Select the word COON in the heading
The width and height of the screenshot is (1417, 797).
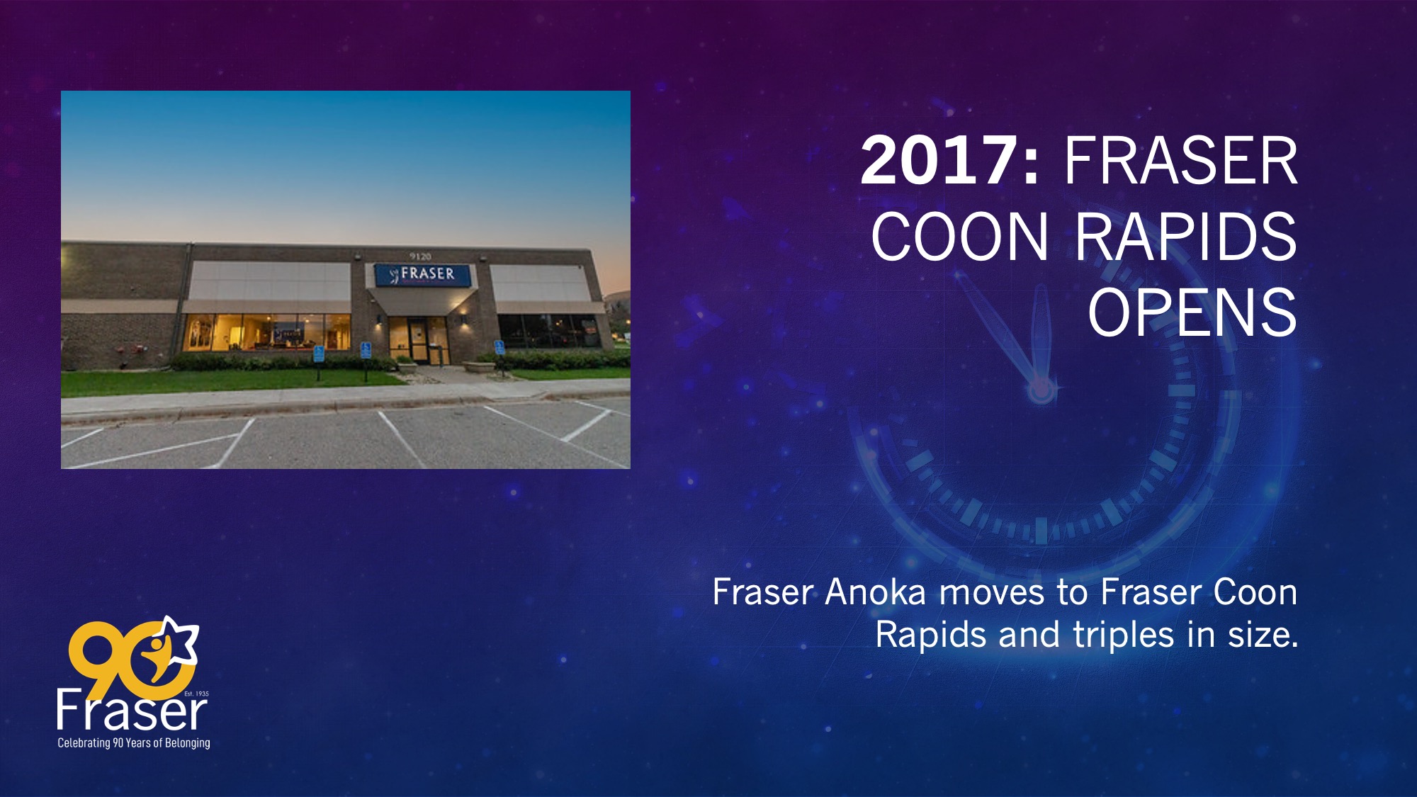click(959, 237)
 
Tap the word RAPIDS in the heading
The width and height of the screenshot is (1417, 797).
click(1185, 237)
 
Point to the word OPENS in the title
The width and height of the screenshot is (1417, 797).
click(1192, 312)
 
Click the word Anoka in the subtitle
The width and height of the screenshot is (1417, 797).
click(876, 592)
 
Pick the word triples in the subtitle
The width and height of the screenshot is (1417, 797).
click(1123, 635)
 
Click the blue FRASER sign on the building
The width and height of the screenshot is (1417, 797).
click(423, 274)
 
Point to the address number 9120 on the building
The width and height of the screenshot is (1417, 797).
click(420, 256)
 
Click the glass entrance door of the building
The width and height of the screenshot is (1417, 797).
click(417, 340)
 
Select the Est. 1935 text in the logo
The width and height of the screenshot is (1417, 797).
click(196, 694)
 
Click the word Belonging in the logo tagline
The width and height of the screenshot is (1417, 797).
click(188, 743)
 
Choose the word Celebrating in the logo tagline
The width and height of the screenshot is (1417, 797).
click(84, 742)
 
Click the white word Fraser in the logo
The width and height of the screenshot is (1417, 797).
click(132, 711)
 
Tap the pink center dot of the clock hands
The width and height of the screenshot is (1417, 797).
click(1041, 389)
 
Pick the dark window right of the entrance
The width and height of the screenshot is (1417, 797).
click(549, 331)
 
